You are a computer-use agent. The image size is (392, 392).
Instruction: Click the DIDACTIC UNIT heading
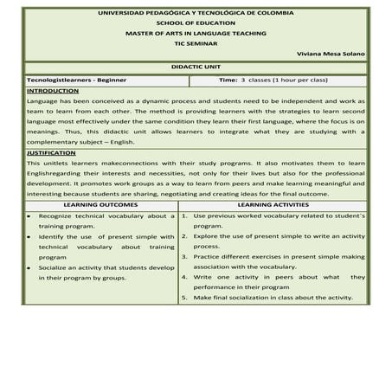[196, 66]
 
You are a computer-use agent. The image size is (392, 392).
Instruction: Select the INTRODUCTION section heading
[52, 90]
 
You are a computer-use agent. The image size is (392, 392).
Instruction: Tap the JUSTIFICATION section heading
[51, 151]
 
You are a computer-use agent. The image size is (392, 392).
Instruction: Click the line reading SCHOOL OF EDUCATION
[196, 23]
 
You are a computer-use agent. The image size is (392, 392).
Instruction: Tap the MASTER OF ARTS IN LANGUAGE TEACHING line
[196, 33]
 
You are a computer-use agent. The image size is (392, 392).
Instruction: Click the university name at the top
[196, 14]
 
